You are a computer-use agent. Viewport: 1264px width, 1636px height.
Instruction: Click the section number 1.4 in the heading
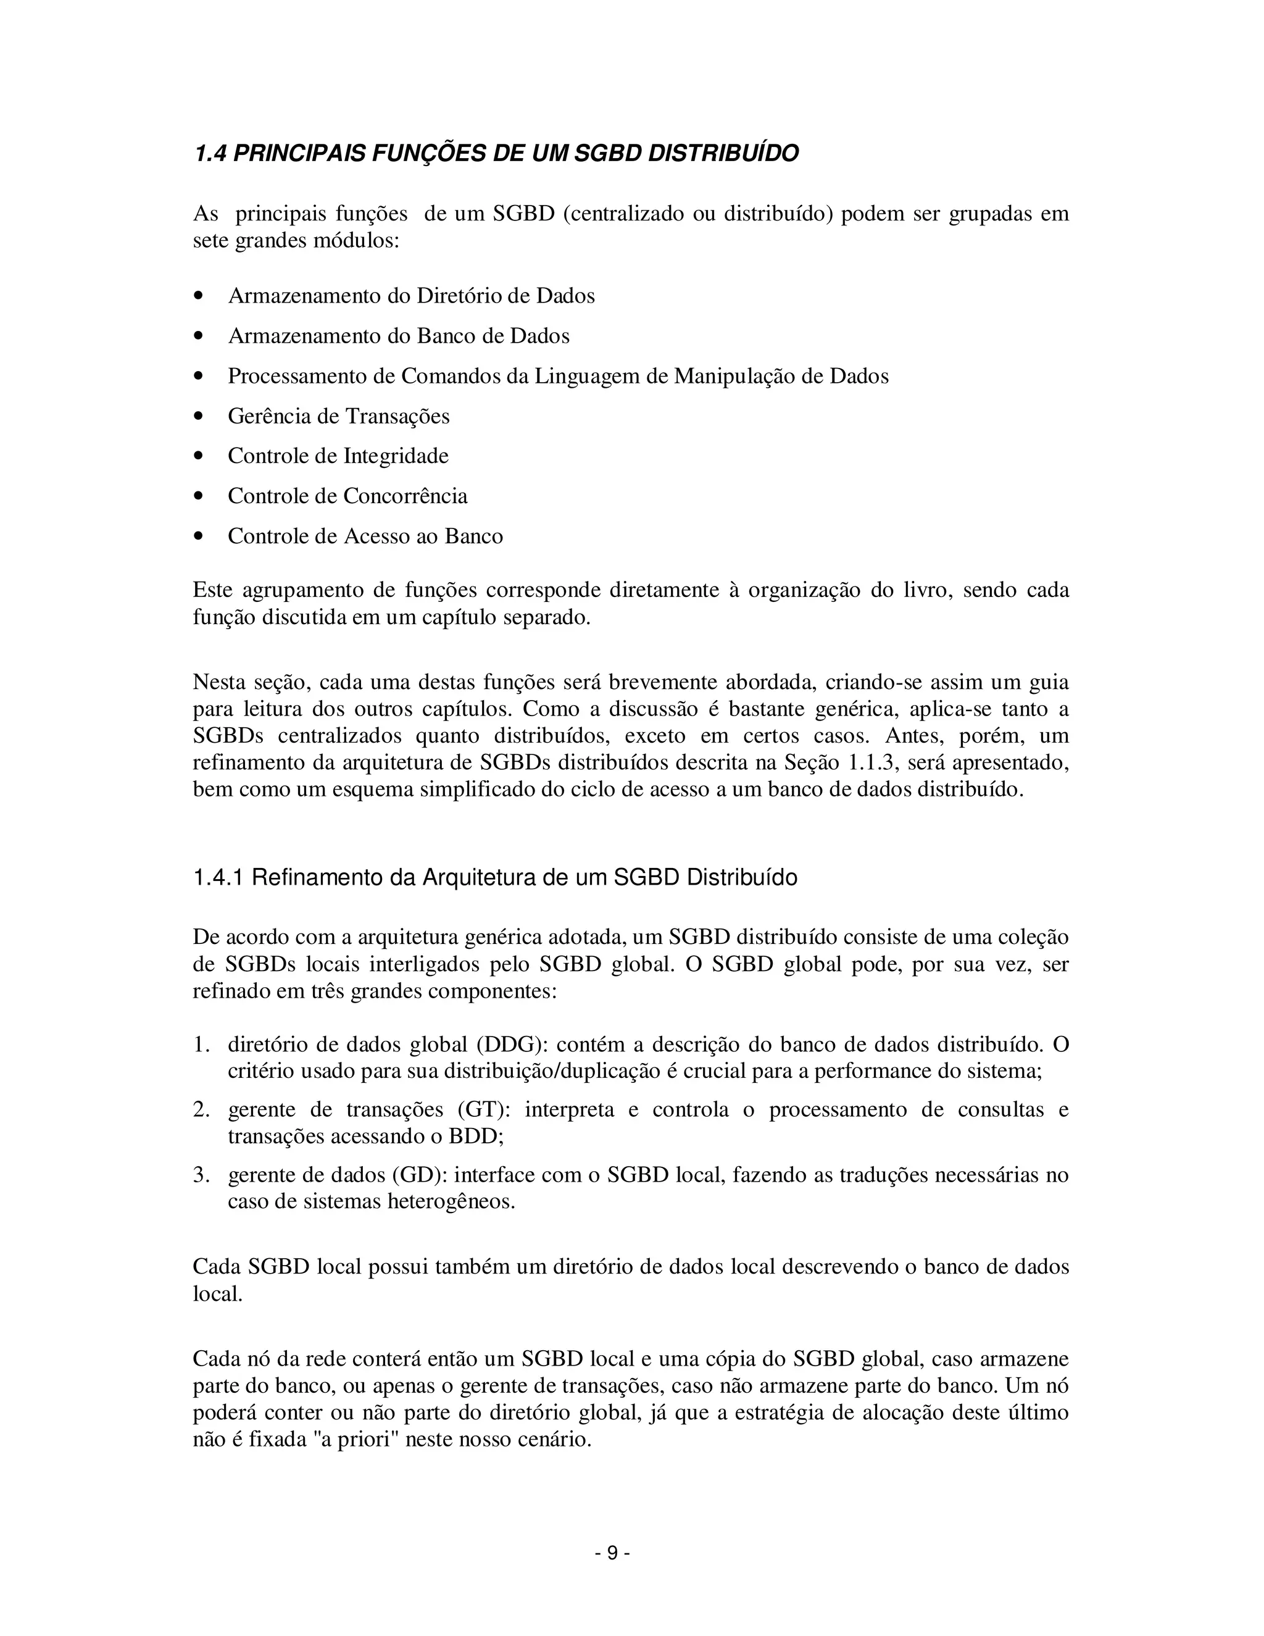coord(210,154)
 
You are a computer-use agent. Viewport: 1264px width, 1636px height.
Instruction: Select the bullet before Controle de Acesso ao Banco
coord(199,536)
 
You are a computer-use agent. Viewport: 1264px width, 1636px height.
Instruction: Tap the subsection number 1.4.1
coord(218,877)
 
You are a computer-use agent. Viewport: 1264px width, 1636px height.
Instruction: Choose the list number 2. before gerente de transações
coord(201,1109)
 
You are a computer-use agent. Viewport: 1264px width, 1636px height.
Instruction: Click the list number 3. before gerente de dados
coord(201,1175)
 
